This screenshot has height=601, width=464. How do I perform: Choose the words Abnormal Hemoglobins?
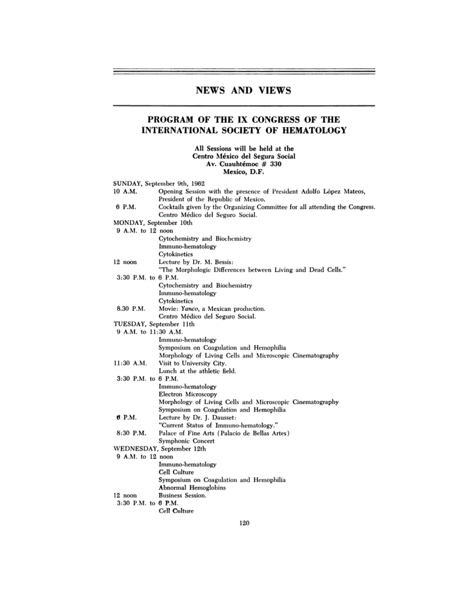click(192, 488)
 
